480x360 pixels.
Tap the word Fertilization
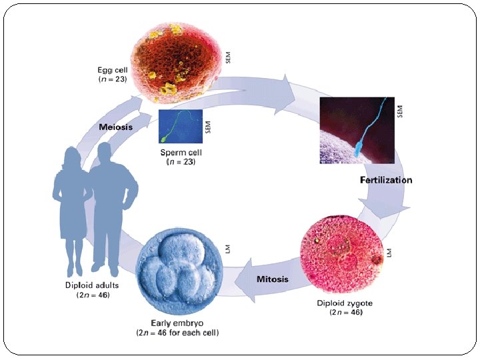386,180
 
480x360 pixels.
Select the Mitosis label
273,279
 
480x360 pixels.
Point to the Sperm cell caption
180,153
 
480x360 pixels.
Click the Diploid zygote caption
344,303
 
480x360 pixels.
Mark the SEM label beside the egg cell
229,57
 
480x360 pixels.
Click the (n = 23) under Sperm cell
180,161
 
